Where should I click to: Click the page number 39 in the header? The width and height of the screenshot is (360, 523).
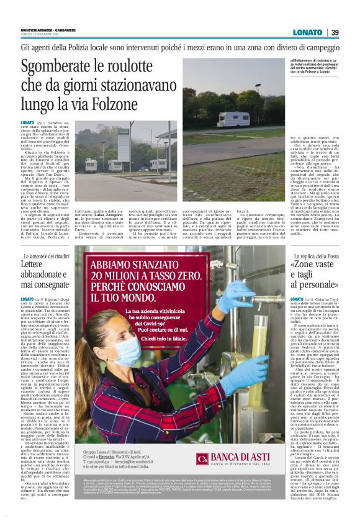[335, 32]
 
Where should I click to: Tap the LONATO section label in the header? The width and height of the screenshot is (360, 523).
[308, 32]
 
